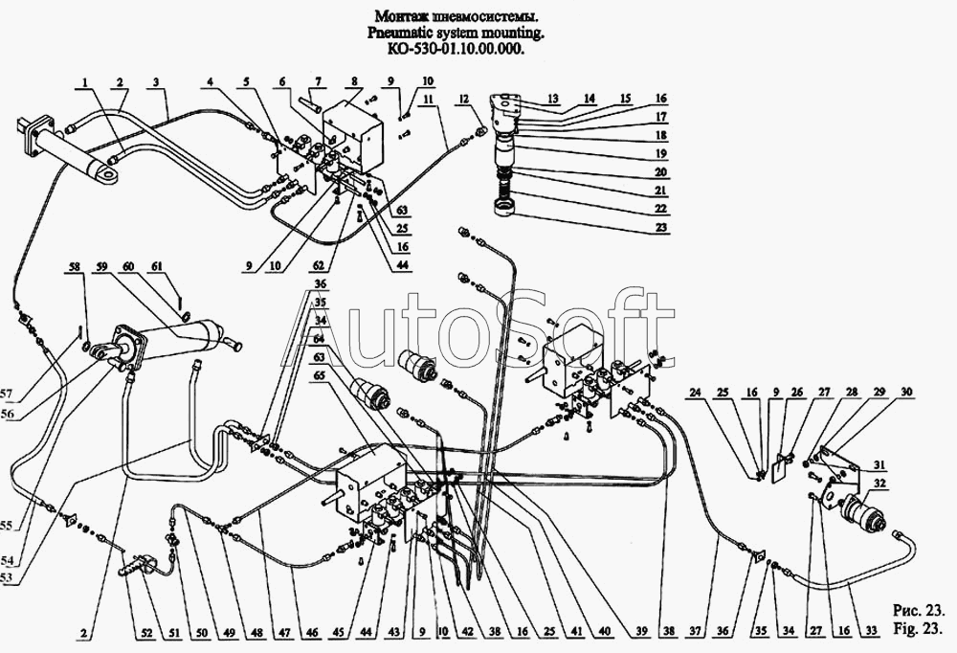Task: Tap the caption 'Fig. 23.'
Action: (919, 629)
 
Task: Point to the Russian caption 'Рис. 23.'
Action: (919, 610)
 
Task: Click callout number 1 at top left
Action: (87, 81)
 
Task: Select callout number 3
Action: (154, 81)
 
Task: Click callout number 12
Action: (463, 99)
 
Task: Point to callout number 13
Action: (553, 99)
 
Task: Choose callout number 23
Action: (659, 229)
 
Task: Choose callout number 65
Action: (319, 375)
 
